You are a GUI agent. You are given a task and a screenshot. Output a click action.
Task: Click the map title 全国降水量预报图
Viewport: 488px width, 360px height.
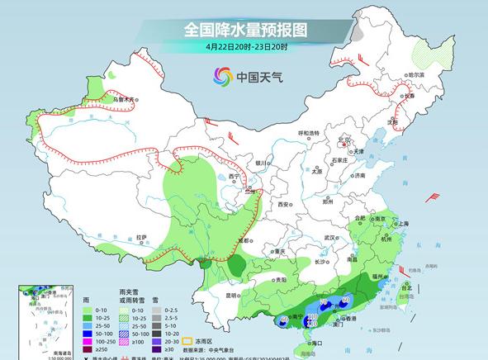coord(244,30)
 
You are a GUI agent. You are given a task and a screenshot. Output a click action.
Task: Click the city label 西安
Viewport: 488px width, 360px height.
coord(285,203)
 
